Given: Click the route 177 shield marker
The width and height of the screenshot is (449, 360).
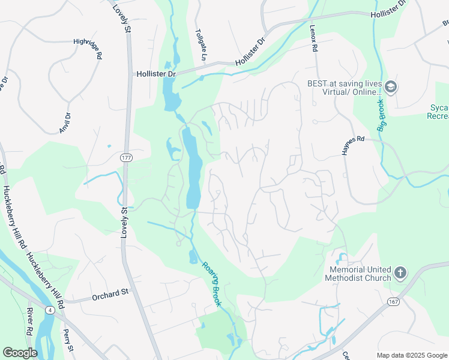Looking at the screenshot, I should (x=124, y=157).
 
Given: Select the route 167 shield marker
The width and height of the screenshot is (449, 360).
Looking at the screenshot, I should (x=393, y=301).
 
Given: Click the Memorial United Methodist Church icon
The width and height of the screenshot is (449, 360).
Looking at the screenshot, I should (x=401, y=274).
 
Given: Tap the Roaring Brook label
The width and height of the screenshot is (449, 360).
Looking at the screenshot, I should (x=212, y=284).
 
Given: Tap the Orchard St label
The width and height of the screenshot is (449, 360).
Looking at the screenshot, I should (x=110, y=295).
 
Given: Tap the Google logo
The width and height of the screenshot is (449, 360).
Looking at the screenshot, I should (x=20, y=353).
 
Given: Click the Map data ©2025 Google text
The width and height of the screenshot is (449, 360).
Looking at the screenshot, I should (x=411, y=355).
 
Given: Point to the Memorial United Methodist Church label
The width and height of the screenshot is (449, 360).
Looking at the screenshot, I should (x=359, y=274).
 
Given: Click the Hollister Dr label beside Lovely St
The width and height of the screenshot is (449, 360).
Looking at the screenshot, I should (x=154, y=74).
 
